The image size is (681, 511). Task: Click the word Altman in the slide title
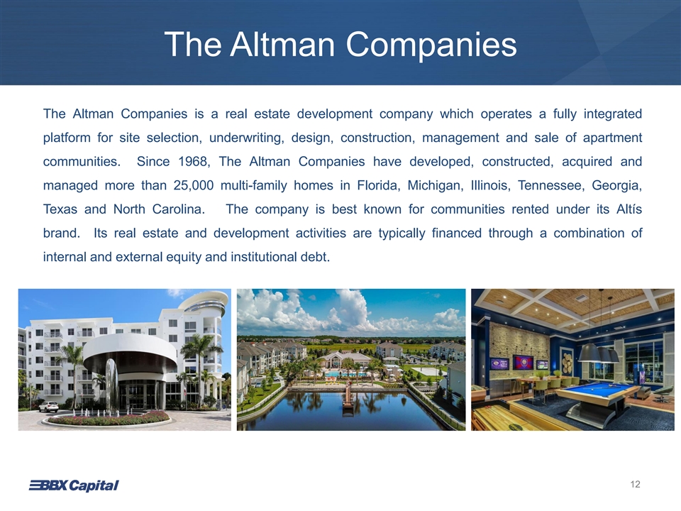pos(282,44)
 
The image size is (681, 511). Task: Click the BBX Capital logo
pos(74,485)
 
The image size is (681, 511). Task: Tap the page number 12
pos(635,484)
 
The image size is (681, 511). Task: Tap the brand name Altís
pos(629,209)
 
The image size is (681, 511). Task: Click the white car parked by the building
pos(48,407)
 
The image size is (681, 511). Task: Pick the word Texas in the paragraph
pos(60,209)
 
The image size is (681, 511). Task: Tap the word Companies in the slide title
pos(431,45)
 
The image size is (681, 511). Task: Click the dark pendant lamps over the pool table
pos(598,353)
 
